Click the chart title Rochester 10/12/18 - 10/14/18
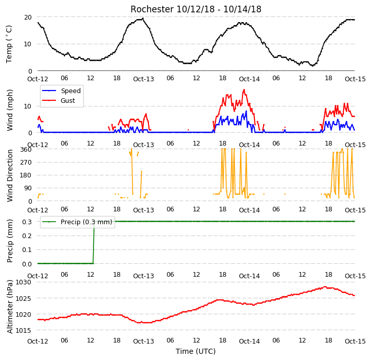[196, 9]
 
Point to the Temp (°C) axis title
[9, 44]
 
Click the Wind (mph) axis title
[9, 110]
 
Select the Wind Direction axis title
[9, 175]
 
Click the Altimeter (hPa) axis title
[9, 307]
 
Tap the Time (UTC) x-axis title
[196, 351]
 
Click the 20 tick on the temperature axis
[28, 17]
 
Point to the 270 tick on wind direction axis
[26, 162]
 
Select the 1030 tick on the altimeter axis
[23, 282]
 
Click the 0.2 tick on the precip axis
[27, 236]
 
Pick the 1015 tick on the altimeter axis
[23, 330]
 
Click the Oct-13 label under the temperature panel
[143, 79]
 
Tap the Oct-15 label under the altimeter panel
[355, 341]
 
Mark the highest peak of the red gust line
[244, 89]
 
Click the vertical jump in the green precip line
[94, 242]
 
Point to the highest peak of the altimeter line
[325, 286]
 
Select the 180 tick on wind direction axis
[26, 175]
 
